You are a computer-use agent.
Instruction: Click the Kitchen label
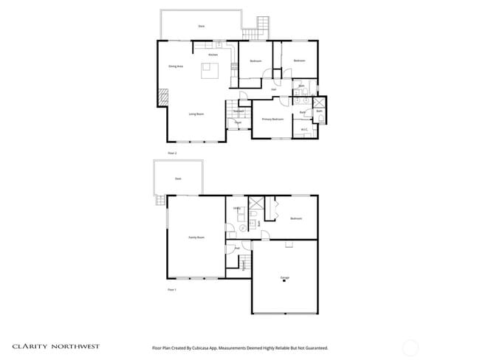point(213,55)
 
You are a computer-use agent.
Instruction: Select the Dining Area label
point(176,66)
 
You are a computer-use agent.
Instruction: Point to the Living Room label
point(196,114)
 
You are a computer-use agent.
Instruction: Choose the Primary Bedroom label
point(272,119)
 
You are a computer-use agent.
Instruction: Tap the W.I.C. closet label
point(304,130)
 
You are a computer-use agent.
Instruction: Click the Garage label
point(284,278)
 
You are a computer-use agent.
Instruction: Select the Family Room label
point(196,238)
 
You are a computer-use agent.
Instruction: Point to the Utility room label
point(237,209)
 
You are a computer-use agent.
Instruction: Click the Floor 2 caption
point(172,153)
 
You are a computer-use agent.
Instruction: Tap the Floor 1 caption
point(172,290)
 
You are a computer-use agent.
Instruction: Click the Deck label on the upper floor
point(201,26)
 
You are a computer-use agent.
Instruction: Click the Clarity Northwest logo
point(55,346)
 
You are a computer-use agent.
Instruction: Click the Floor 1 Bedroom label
point(295,219)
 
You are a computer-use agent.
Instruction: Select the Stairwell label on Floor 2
point(239,111)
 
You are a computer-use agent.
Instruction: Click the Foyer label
point(238,122)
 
